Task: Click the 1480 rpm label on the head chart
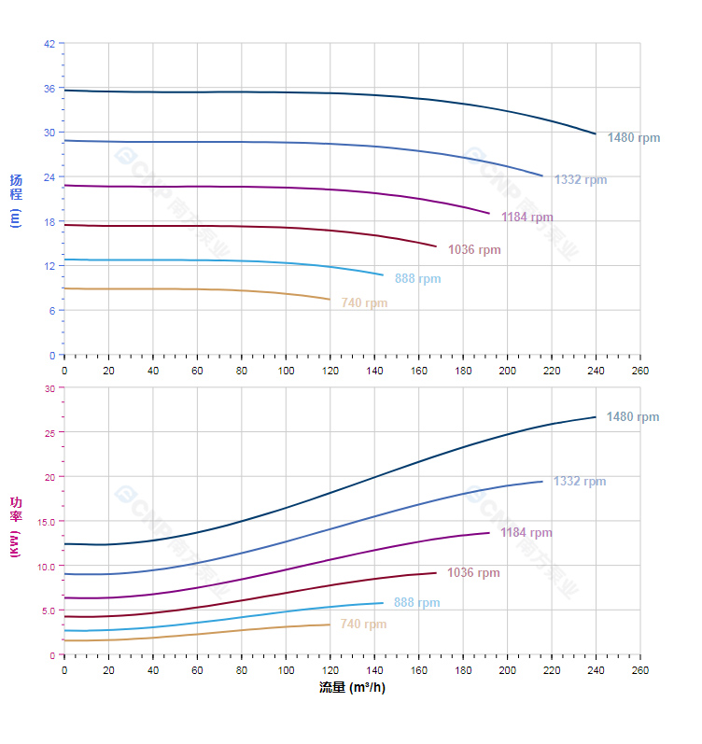point(634,138)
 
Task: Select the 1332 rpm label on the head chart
point(581,180)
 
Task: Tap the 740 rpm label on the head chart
point(364,303)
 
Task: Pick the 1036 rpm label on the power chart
point(473,573)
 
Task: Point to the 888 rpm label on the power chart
point(416,603)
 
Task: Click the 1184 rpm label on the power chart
point(526,533)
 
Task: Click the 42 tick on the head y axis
point(49,43)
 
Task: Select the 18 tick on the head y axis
point(49,221)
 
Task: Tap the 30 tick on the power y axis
point(49,387)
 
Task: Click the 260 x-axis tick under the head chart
point(640,371)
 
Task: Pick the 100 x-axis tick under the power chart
point(286,670)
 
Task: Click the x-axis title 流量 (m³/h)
point(352,688)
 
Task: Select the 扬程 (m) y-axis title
point(15,201)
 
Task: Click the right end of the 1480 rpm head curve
point(596,133)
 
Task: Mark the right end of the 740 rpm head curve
point(330,299)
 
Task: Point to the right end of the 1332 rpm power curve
point(542,482)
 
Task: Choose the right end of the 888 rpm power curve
point(383,603)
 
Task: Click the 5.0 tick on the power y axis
point(47,611)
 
